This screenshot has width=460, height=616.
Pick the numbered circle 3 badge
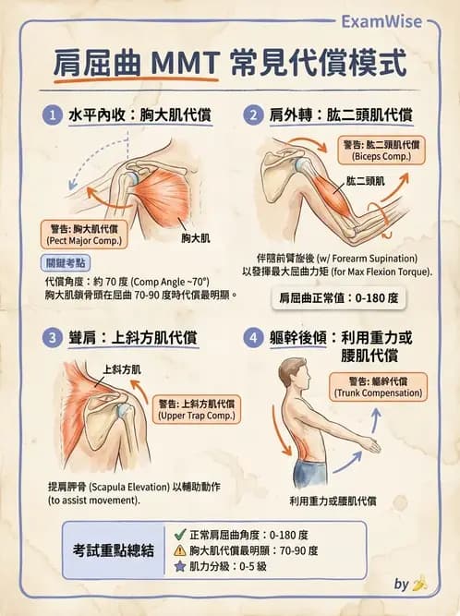pyautogui.click(x=53, y=337)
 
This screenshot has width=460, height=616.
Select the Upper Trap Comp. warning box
pyautogui.click(x=197, y=408)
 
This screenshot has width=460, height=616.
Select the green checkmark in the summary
pyautogui.click(x=180, y=535)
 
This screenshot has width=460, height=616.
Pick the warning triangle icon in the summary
pyautogui.click(x=180, y=550)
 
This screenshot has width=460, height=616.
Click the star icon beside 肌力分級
pyautogui.click(x=180, y=565)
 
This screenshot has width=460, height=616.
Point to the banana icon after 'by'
pyautogui.click(x=419, y=584)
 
